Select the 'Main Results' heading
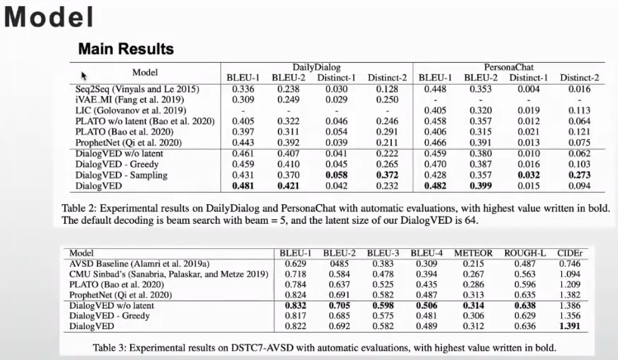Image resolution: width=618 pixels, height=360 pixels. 126,49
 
